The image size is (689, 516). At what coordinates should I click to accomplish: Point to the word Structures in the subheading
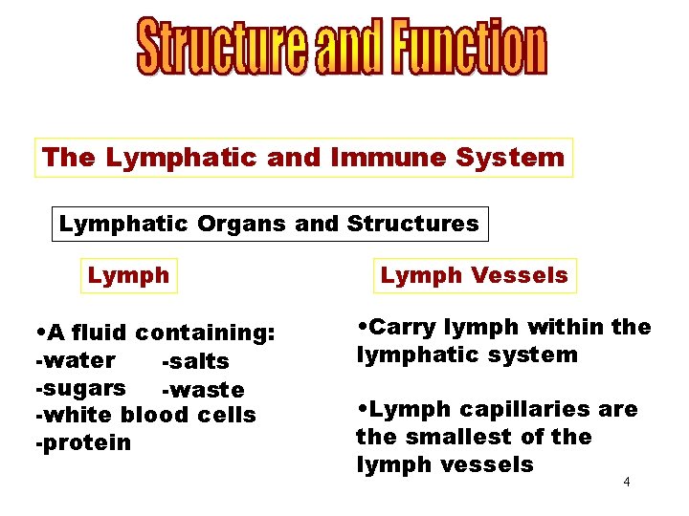[x=412, y=225]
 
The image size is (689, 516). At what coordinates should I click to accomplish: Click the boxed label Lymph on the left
[x=128, y=276]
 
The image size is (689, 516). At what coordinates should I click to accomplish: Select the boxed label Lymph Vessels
[x=475, y=276]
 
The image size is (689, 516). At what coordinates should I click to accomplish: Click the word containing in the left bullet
[x=206, y=333]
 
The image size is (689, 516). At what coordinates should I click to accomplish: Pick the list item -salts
[x=195, y=362]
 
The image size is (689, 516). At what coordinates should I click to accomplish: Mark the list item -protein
[x=82, y=443]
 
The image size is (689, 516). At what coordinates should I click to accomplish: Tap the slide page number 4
[x=626, y=482]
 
